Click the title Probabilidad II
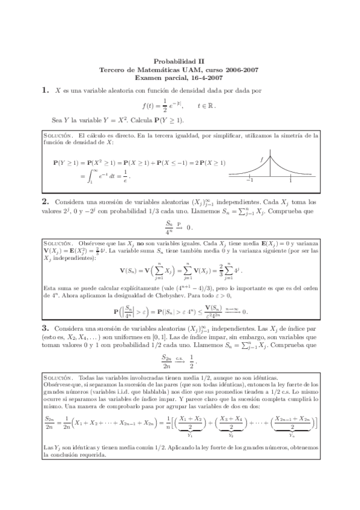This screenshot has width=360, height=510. tap(180, 61)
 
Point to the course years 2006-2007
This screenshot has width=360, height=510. tap(240, 70)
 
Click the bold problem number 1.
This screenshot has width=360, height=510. tap(45, 91)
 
